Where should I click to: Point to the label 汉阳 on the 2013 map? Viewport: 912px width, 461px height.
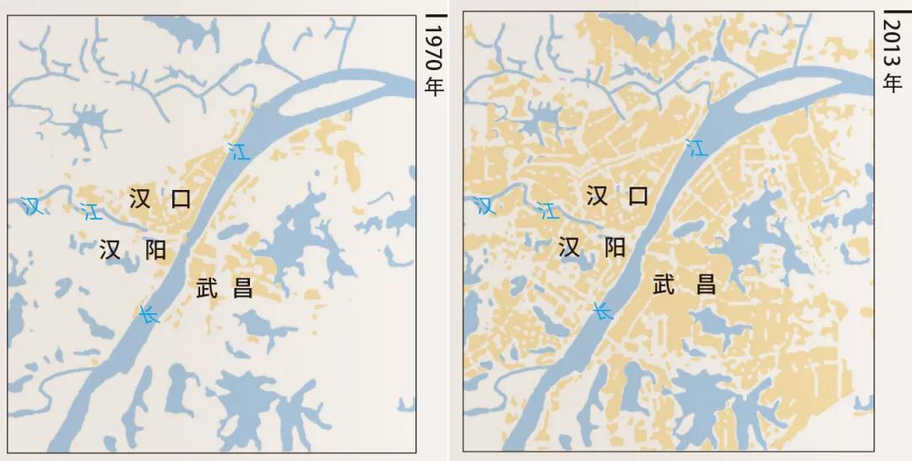point(592,247)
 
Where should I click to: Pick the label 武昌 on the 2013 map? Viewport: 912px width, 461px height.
point(685,284)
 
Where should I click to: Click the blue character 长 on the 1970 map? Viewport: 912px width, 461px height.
point(149,315)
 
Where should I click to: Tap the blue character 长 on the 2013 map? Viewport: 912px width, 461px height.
point(601,311)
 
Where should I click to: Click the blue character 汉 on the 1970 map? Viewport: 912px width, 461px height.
point(33,205)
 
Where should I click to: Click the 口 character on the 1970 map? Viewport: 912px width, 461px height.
point(181,199)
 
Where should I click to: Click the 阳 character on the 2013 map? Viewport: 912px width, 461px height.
point(615,247)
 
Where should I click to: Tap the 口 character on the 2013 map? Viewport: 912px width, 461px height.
point(638,196)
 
